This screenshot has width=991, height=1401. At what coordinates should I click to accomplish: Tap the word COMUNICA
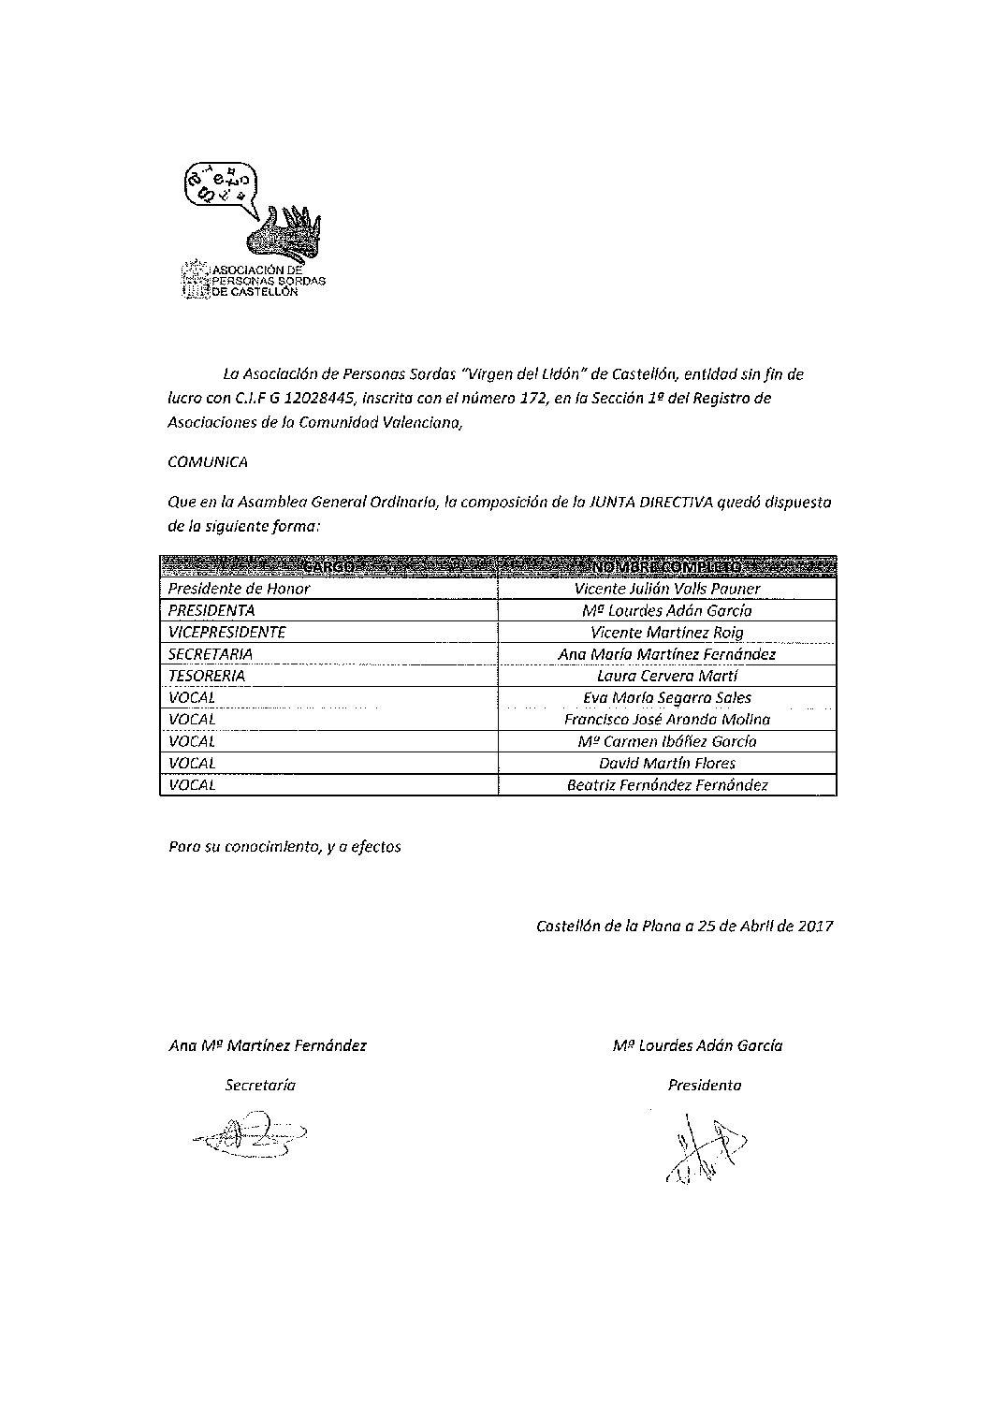pos(208,461)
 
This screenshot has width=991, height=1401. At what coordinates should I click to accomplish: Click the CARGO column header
pos(328,567)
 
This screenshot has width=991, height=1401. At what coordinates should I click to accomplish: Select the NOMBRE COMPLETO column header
pos(666,567)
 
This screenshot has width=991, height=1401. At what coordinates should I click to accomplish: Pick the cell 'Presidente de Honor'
pos(239,589)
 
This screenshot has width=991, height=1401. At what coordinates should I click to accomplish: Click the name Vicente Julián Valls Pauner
pos(666,589)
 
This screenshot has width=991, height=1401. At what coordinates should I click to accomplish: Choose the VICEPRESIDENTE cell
pos(226,632)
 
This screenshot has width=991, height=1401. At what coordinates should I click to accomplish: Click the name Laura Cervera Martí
pos(666,676)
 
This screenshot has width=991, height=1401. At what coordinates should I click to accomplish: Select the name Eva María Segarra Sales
pos(666,697)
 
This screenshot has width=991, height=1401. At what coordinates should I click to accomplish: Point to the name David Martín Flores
pos(666,763)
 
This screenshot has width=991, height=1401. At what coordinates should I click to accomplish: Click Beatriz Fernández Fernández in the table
pos(666,785)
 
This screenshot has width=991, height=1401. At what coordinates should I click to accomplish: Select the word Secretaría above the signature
pos(260,1086)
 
